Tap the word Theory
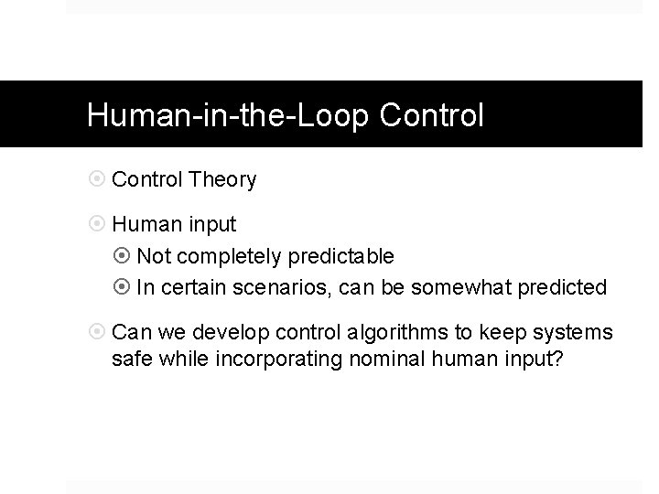pyautogui.click(x=223, y=179)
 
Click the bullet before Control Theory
pyautogui.click(x=98, y=179)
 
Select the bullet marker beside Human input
pyautogui.click(x=98, y=224)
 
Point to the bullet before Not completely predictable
pyautogui.click(x=124, y=256)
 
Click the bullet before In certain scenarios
pyautogui.click(x=124, y=288)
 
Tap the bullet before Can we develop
pyautogui.click(x=98, y=332)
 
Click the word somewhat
pyautogui.click(x=453, y=288)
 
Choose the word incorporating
pyautogui.click(x=279, y=359)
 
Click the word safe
pyautogui.click(x=131, y=359)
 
